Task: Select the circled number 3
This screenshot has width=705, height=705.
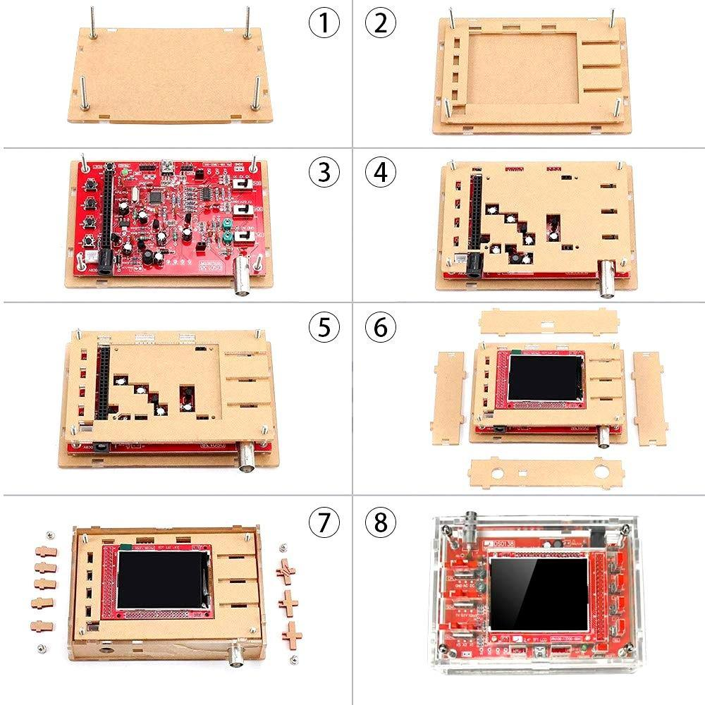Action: pos(324,172)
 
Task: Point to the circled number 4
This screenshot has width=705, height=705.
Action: pos(381,172)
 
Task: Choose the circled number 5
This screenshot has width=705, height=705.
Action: pos(324,326)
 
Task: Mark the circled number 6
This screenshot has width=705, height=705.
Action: pos(381,326)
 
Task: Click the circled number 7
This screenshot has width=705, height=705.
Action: pos(324,523)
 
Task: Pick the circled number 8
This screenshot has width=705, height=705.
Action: pos(381,523)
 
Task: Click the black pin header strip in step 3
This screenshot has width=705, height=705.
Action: pos(109,215)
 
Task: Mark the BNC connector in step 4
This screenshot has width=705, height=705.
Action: pos(608,272)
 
